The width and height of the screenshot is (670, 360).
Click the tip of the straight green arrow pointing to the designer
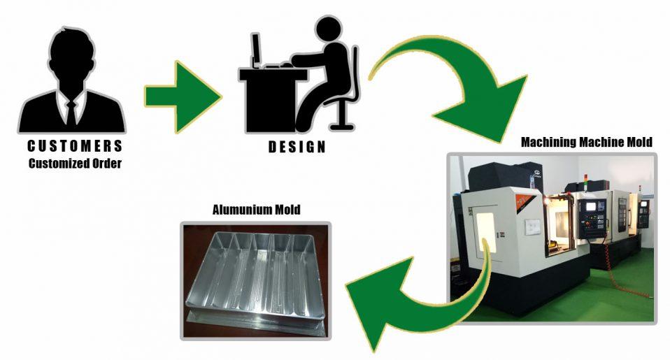[x=221, y=96]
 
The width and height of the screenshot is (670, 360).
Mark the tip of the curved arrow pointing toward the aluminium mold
[x=346, y=285]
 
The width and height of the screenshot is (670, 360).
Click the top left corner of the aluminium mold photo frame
[x=180, y=222]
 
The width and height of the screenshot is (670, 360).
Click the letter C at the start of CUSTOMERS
[x=31, y=147]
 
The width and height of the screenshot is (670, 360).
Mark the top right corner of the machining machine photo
[x=657, y=153]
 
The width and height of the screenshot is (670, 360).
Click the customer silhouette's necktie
[x=71, y=113]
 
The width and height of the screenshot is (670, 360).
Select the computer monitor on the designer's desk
[x=256, y=49]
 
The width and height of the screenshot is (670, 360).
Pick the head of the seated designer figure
[x=329, y=29]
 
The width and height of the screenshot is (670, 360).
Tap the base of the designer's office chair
[x=342, y=127]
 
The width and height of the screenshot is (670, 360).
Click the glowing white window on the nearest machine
[x=486, y=232]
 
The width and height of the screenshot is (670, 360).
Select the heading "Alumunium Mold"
[x=257, y=210]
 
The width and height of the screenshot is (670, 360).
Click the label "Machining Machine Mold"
[x=586, y=142]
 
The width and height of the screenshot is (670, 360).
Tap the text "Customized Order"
[x=76, y=163]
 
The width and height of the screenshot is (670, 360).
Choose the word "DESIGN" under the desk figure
[x=297, y=147]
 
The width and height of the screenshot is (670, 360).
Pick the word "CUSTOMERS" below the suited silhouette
[x=76, y=147]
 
